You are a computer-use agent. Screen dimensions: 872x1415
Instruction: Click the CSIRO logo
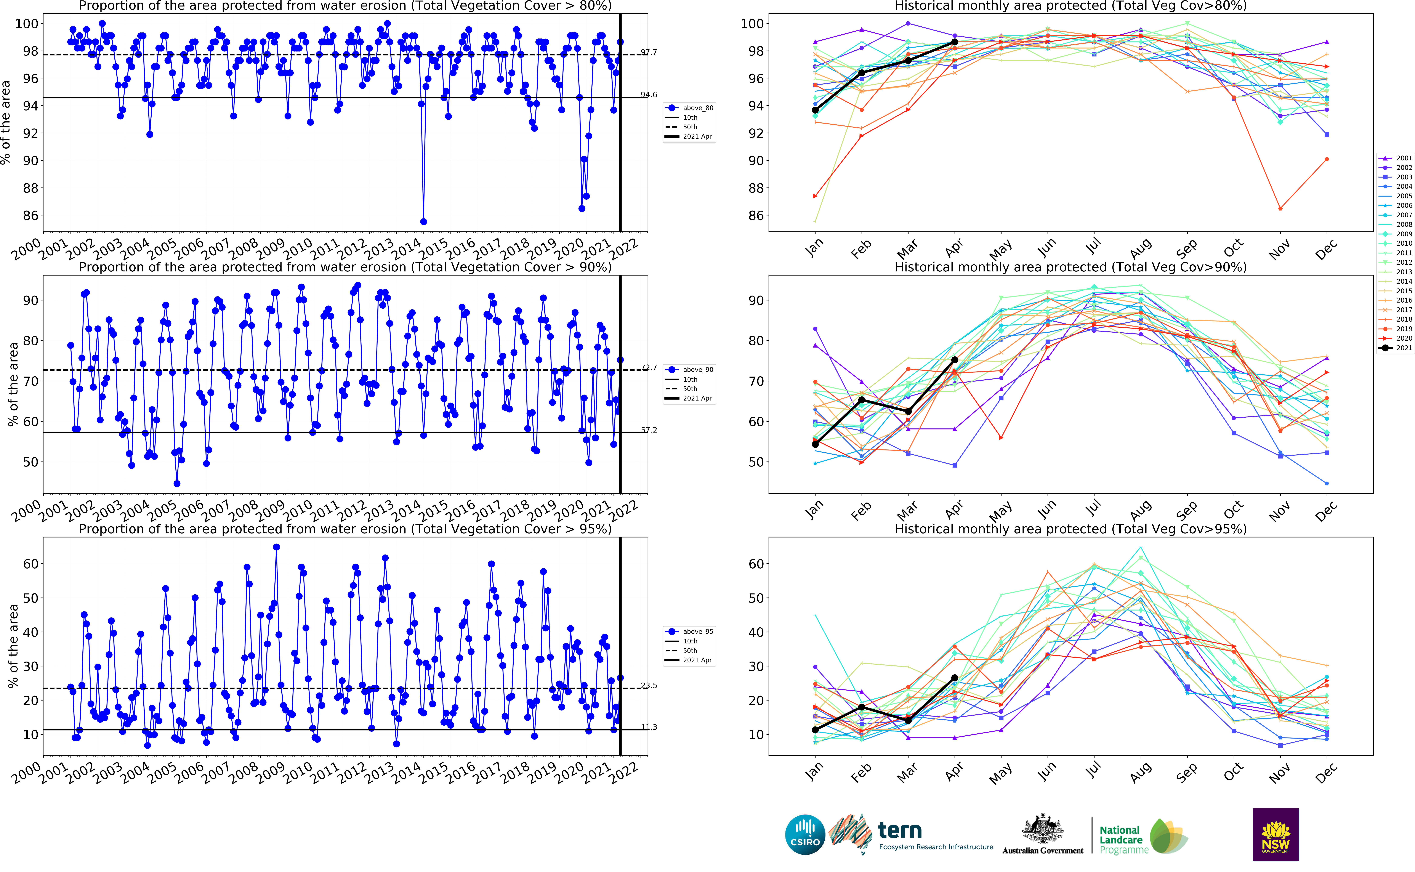click(805, 835)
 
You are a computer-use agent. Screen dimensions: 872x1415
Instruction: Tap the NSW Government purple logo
click(1276, 835)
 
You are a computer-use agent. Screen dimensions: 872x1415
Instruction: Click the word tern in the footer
click(899, 830)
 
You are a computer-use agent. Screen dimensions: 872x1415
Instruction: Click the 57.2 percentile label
click(649, 430)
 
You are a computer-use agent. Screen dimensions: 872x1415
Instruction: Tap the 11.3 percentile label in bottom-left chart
click(649, 727)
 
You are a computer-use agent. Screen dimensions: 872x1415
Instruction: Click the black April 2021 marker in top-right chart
click(954, 42)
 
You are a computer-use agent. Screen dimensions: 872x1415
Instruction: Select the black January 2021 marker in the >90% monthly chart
click(815, 444)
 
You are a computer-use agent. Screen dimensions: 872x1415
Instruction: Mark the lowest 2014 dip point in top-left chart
click(423, 221)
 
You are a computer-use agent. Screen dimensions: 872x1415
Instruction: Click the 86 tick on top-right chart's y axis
click(755, 216)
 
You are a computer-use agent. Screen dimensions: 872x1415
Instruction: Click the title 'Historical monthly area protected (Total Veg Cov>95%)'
click(1070, 529)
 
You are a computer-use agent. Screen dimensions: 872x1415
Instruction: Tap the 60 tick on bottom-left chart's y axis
click(30, 564)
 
